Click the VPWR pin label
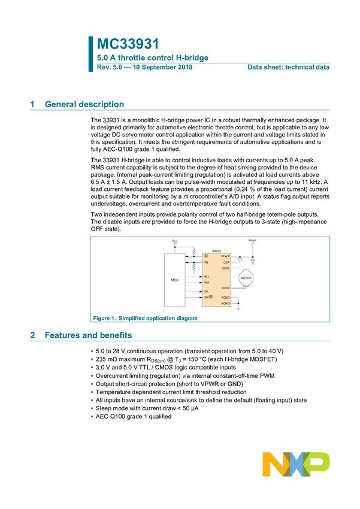225,256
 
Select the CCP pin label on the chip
226,262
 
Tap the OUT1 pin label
225,268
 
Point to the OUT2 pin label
225,288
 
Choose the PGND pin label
225,298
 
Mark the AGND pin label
225,304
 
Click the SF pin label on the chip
206,256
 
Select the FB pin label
206,262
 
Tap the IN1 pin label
207,277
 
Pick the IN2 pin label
207,283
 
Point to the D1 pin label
206,291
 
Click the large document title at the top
128,44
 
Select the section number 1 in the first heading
32,104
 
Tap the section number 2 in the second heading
32,336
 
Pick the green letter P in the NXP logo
318,464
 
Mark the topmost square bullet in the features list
92,352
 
